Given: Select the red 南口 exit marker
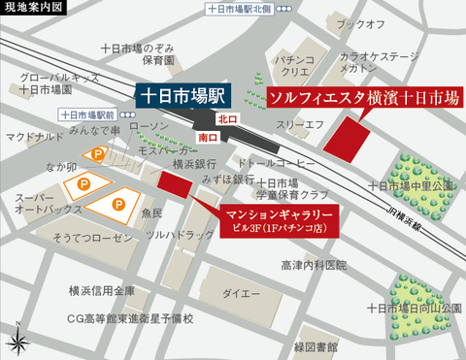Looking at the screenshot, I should click(207, 139).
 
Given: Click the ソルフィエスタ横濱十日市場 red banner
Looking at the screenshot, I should click(350, 99).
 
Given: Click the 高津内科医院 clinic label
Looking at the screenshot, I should click(314, 265).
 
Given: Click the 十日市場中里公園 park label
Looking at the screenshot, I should click(412, 183).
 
